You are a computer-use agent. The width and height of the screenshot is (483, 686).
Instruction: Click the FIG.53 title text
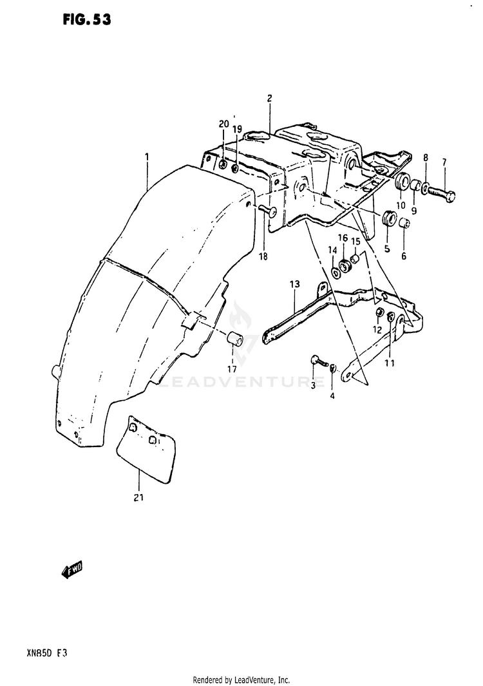(x=87, y=19)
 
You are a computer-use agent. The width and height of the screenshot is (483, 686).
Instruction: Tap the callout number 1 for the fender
(x=147, y=157)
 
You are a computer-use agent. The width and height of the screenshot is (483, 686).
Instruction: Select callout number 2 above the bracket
(x=269, y=99)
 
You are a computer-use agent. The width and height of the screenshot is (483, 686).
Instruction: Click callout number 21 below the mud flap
(x=139, y=497)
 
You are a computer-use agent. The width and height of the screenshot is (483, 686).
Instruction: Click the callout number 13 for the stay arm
(x=295, y=284)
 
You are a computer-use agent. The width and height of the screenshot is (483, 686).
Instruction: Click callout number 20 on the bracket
(x=223, y=124)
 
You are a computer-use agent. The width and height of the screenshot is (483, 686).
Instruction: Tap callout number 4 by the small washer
(x=332, y=395)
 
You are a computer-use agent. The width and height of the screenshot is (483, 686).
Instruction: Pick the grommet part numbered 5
(x=389, y=218)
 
